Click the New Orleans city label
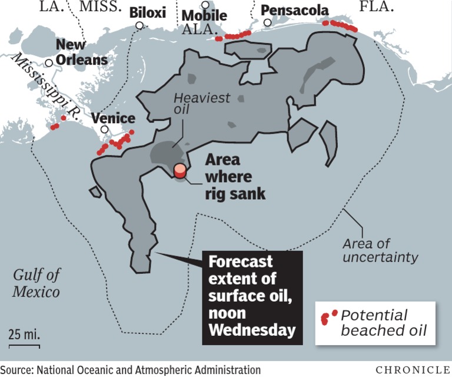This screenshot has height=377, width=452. (x=81, y=52)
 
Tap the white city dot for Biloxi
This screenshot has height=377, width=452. (x=139, y=25)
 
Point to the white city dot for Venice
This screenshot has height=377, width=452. (x=104, y=130)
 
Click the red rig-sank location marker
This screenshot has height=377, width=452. (x=180, y=171)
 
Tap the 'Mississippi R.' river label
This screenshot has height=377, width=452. (x=45, y=87)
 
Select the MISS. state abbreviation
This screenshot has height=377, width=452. (x=101, y=7)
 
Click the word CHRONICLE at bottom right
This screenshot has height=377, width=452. (x=412, y=369)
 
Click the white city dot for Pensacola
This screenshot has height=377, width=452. (x=268, y=23)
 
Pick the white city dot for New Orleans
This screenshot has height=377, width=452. (x=49, y=62)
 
